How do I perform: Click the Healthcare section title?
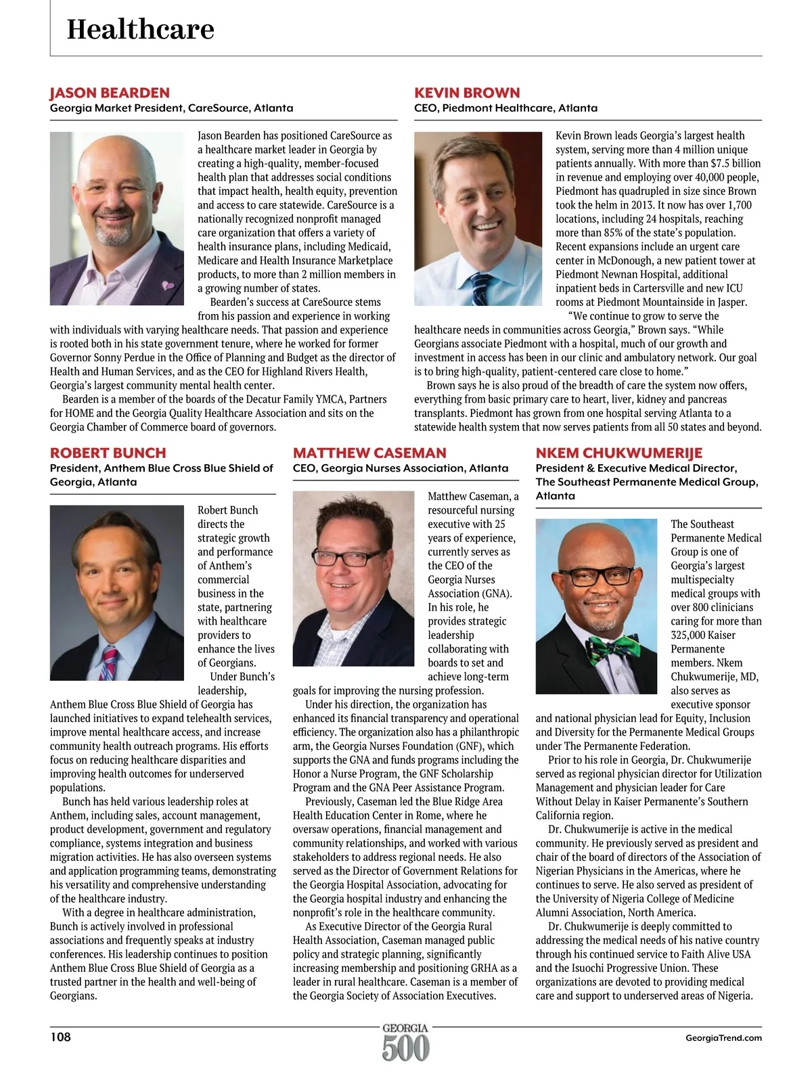point(140,29)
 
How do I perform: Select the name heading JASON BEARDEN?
point(110,93)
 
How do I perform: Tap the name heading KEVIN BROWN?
point(467,93)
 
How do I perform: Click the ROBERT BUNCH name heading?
point(108,453)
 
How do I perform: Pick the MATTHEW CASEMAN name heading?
point(369,453)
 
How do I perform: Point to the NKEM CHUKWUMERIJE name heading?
point(618,453)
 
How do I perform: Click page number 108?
point(60,1037)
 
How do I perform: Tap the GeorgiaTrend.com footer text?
point(723,1037)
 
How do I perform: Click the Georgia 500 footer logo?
point(405,1043)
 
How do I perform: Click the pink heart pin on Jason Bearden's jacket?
point(168,286)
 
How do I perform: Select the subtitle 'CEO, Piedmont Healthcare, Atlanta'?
point(505,108)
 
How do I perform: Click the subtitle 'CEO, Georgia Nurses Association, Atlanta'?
point(400,468)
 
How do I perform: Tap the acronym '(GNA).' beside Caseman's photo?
point(491,593)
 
